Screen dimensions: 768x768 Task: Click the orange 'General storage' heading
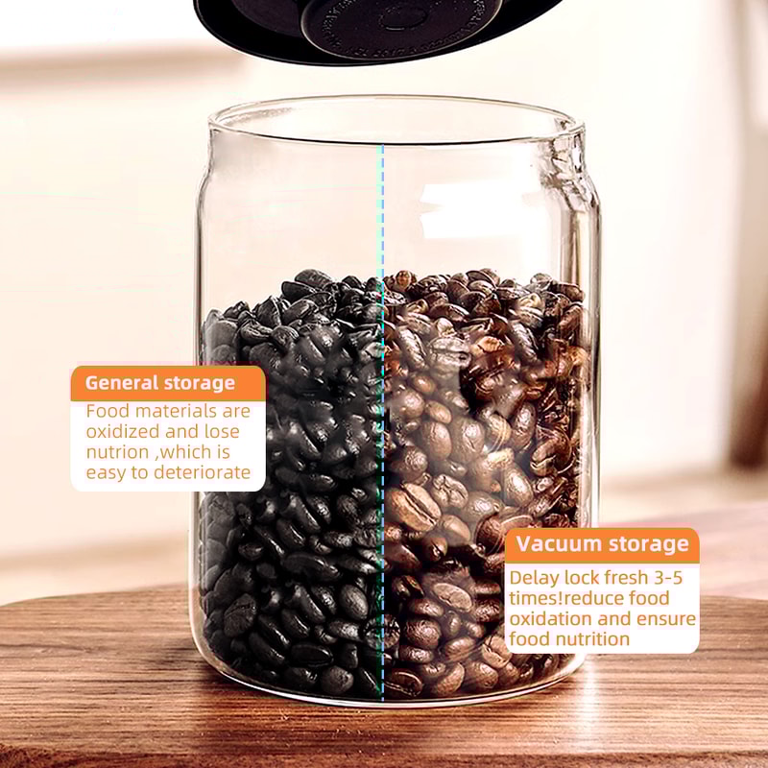160,383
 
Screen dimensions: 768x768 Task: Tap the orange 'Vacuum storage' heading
602,545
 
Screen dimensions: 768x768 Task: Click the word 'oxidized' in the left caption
119,431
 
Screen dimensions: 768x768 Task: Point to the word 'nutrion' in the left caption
118,452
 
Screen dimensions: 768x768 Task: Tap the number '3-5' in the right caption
671,578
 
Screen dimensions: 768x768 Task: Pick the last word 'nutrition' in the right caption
593,639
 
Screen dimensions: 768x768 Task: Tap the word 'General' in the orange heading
120,383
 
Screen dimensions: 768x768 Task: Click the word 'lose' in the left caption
220,431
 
